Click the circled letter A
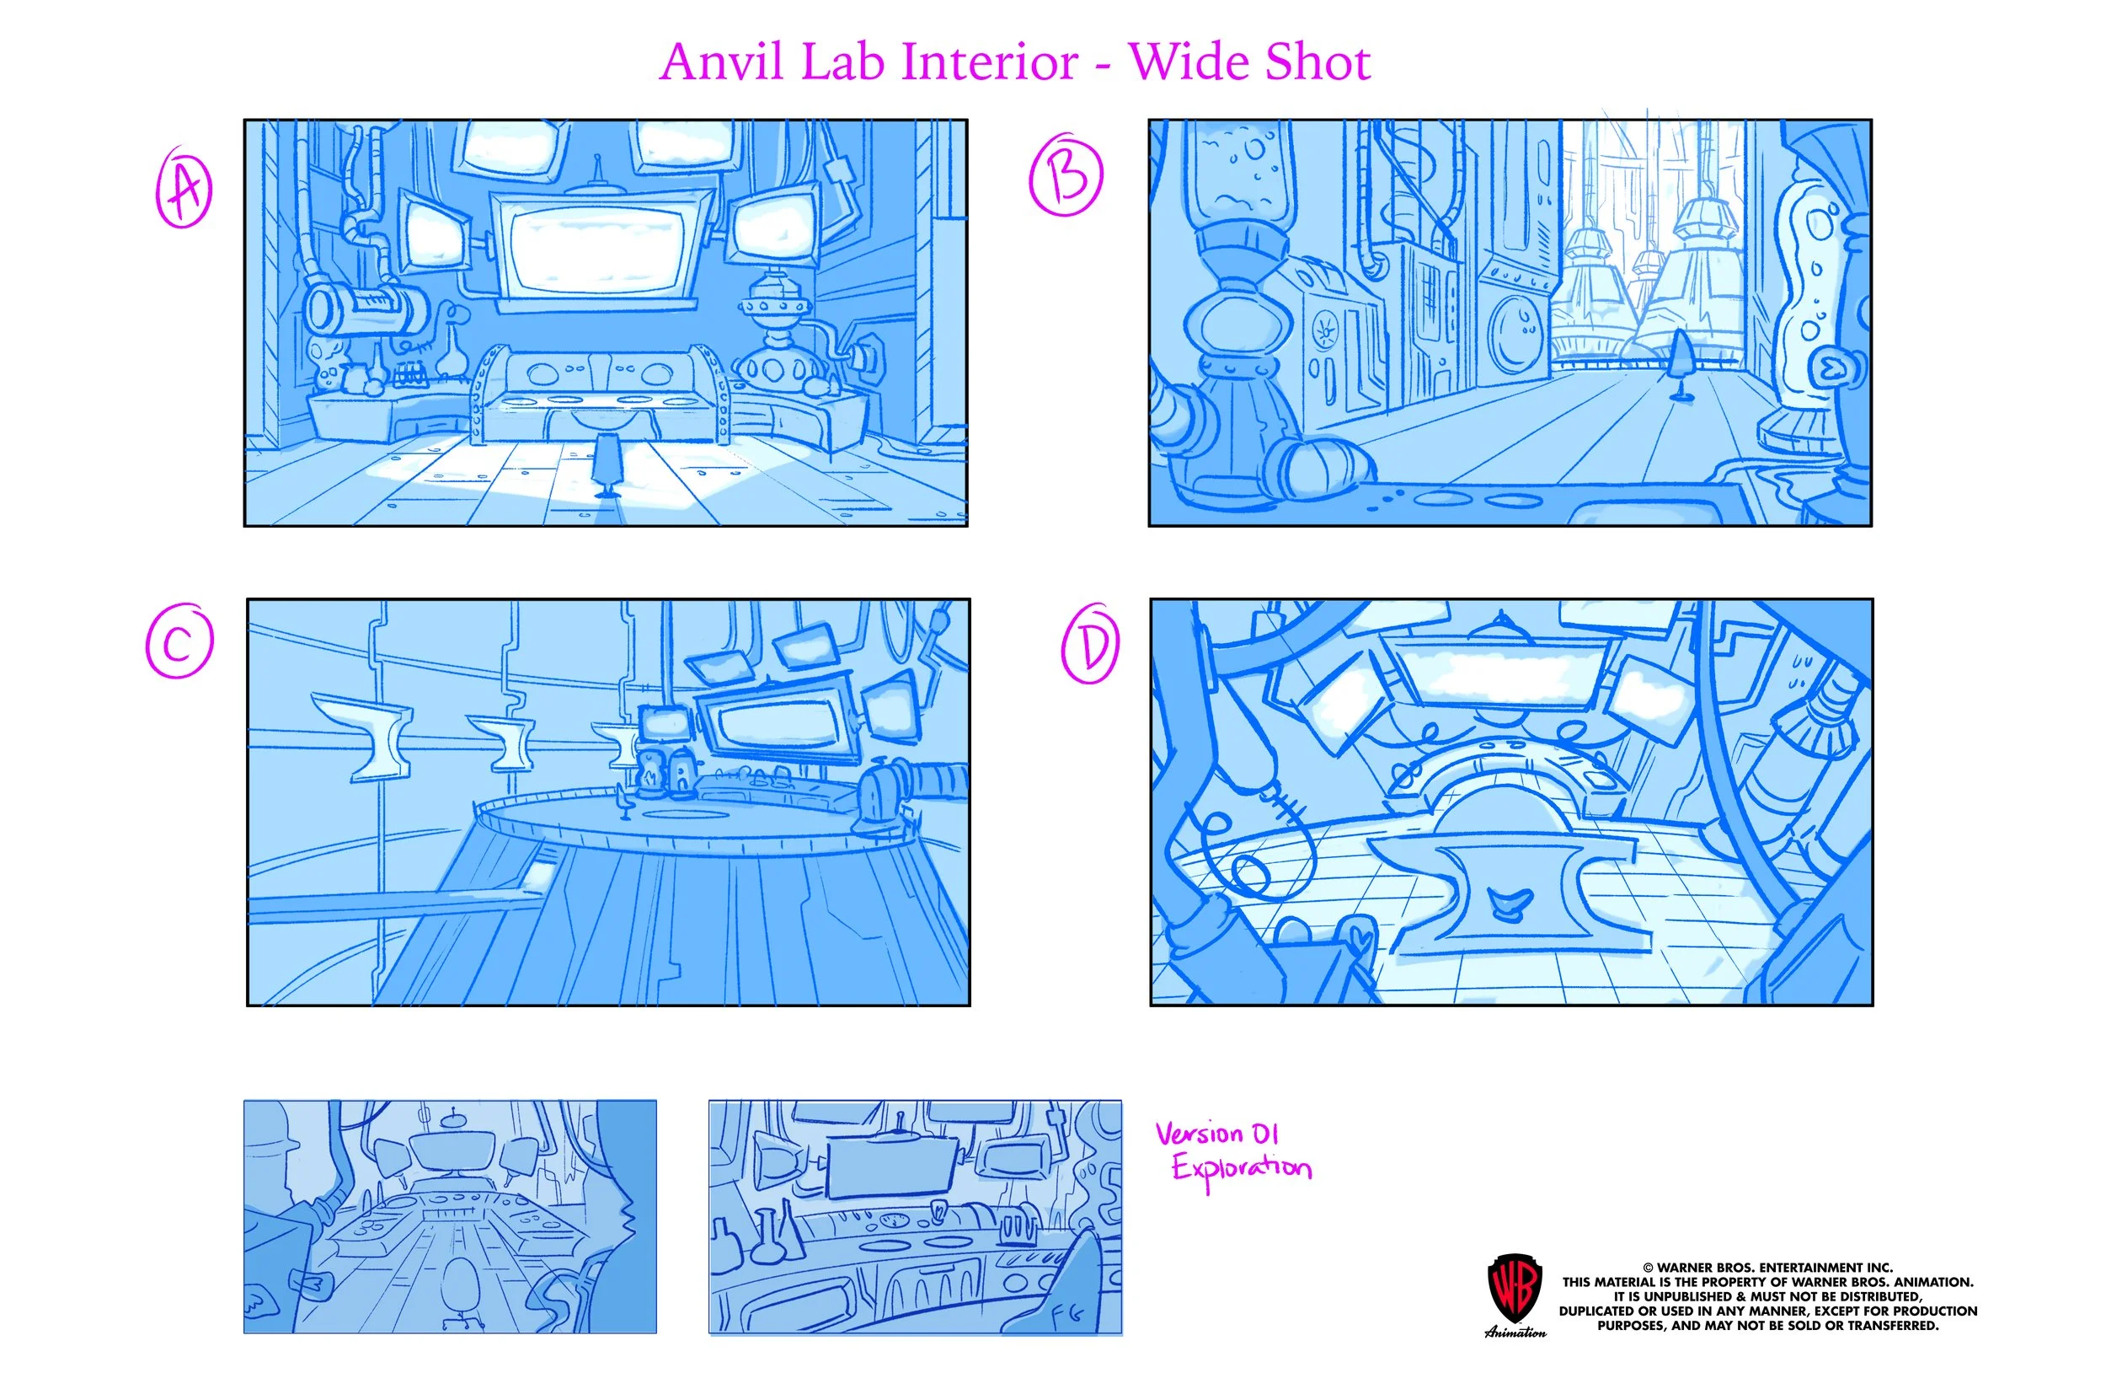click(x=184, y=189)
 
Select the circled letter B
click(x=1066, y=174)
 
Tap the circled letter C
click(x=179, y=641)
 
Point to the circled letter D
click(x=1090, y=644)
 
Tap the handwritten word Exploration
click(x=1241, y=1168)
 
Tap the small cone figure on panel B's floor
click(x=1678, y=364)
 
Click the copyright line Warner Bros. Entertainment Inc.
click(x=1767, y=1268)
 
